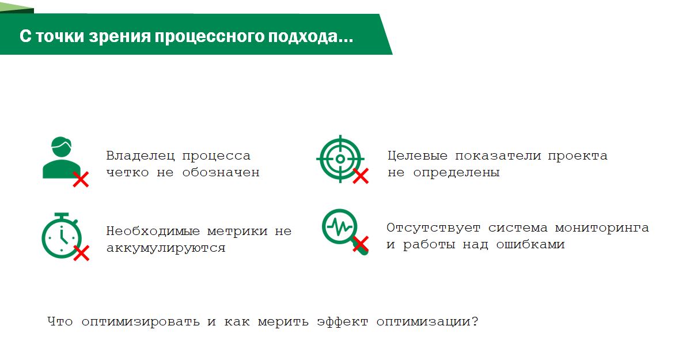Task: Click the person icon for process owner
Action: (x=61, y=158)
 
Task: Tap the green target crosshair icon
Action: (x=340, y=159)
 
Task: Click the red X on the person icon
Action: (x=81, y=179)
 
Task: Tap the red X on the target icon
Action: (x=361, y=176)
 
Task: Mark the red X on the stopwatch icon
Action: (x=81, y=253)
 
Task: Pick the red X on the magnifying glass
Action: (x=361, y=244)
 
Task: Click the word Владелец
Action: (x=141, y=156)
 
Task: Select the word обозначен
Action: (x=221, y=172)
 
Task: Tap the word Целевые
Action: (x=417, y=156)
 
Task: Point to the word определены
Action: (x=456, y=173)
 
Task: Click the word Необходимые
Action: (x=153, y=231)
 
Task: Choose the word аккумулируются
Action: (x=166, y=248)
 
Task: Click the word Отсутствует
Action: (x=433, y=228)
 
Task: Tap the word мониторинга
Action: (x=602, y=228)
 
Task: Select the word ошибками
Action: (x=530, y=244)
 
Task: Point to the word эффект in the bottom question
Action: (x=342, y=321)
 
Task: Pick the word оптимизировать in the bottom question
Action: (x=141, y=321)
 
